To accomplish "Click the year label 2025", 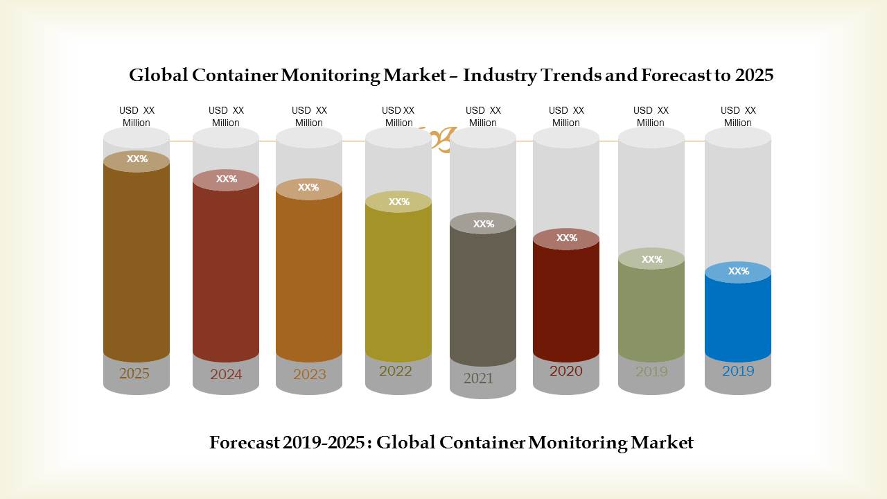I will click(x=134, y=374).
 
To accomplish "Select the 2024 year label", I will click(x=226, y=374).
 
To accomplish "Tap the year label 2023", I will click(x=309, y=374).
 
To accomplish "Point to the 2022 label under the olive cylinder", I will click(x=396, y=371).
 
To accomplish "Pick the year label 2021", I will click(x=478, y=378).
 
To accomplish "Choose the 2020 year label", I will click(x=566, y=371).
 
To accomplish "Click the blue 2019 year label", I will click(x=738, y=371).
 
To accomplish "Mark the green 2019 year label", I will click(x=651, y=371).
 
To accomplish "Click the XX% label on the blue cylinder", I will click(x=739, y=271).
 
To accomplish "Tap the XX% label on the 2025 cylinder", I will click(x=137, y=159).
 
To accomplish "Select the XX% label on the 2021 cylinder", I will click(x=484, y=224).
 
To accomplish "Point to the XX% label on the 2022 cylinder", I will click(x=399, y=202).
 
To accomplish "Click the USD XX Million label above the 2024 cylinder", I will click(x=226, y=116).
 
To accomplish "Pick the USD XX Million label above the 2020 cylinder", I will click(x=566, y=116).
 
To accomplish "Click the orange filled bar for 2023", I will click(x=309, y=277).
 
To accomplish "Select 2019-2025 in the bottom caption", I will click(x=323, y=442).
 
